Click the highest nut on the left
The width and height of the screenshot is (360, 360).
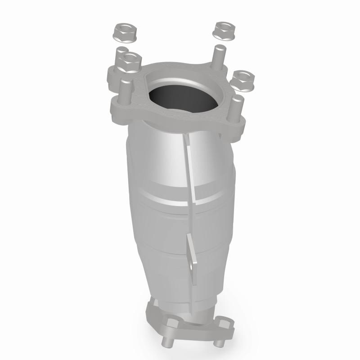[121, 32]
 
